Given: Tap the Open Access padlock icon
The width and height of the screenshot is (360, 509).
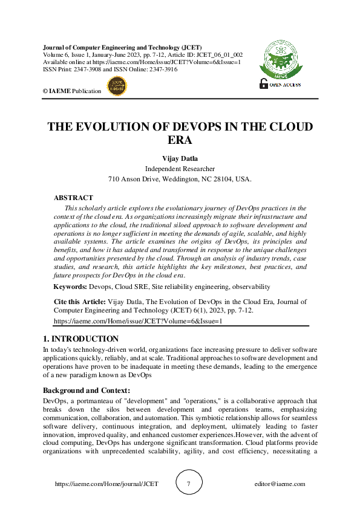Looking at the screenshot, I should pyautogui.click(x=264, y=83).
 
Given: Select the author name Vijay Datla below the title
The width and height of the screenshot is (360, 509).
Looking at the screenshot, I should pyautogui.click(x=180, y=158).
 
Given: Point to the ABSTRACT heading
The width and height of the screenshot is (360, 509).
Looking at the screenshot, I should pyautogui.click(x=73, y=198).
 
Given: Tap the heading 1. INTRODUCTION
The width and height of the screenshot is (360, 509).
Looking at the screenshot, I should pyautogui.click(x=81, y=339).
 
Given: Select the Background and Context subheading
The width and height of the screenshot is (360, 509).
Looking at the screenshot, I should pyautogui.click(x=87, y=391).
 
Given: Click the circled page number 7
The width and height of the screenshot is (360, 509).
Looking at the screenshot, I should pyautogui.click(x=189, y=484).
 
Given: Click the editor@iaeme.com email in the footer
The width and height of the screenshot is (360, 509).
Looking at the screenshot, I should pyautogui.click(x=280, y=484).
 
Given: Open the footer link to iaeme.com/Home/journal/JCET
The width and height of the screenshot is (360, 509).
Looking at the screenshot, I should pyautogui.click(x=106, y=484).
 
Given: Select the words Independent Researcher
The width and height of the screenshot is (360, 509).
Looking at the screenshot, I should pyautogui.click(x=180, y=169).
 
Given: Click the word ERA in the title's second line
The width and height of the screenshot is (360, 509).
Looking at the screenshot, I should pyautogui.click(x=180, y=140).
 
